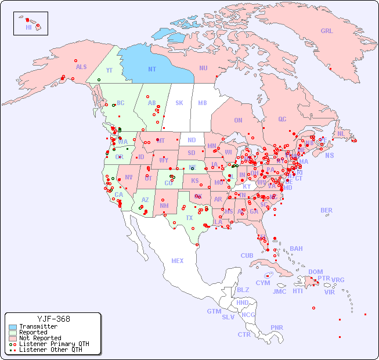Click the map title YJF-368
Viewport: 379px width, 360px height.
click(x=53, y=319)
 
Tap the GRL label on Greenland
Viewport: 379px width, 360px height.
click(x=327, y=31)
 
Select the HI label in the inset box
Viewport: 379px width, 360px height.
click(x=28, y=27)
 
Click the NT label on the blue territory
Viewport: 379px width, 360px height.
click(x=152, y=69)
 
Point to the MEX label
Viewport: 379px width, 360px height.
click(x=178, y=261)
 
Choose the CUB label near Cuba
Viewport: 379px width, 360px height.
click(x=247, y=255)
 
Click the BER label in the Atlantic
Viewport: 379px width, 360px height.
click(x=326, y=210)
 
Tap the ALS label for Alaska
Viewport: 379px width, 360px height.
click(x=81, y=67)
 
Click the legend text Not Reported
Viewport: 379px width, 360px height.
click(x=40, y=338)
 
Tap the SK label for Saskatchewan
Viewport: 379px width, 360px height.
click(x=179, y=103)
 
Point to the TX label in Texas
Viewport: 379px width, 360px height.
click(x=189, y=218)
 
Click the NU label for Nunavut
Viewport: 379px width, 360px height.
click(x=203, y=68)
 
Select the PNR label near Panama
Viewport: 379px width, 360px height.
click(x=277, y=327)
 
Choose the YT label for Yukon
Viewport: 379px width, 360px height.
click(x=109, y=70)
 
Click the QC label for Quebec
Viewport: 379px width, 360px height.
click(x=282, y=119)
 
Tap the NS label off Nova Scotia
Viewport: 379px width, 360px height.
click(x=329, y=155)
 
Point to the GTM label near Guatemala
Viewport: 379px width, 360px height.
click(x=214, y=311)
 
